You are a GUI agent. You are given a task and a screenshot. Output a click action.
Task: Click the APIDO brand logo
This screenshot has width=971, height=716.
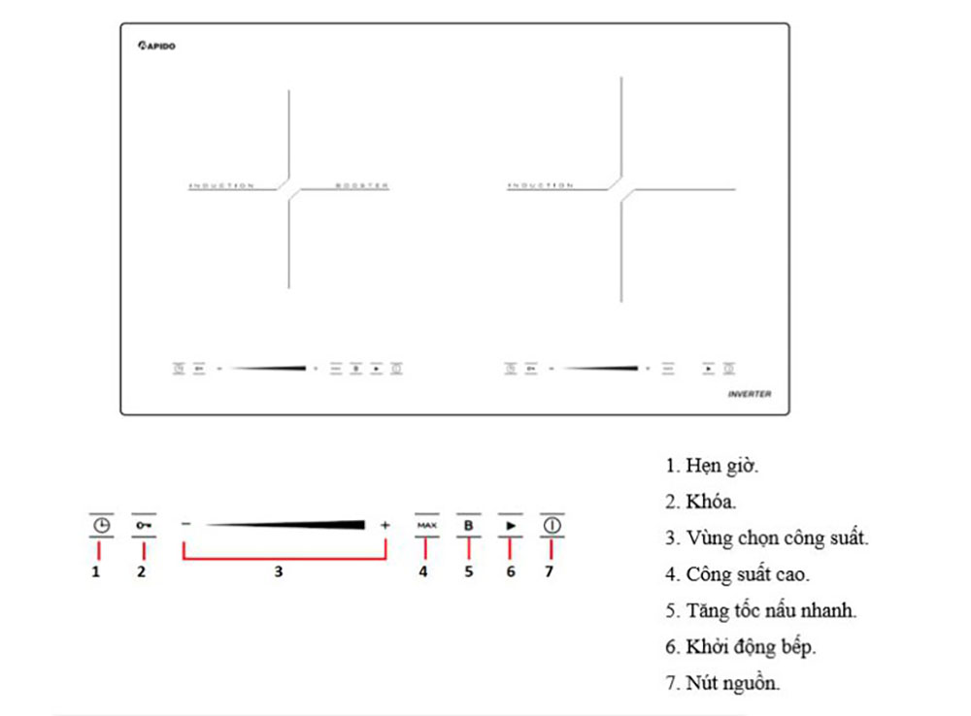point(156,45)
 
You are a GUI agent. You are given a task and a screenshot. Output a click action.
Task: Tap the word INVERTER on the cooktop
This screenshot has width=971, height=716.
point(750,395)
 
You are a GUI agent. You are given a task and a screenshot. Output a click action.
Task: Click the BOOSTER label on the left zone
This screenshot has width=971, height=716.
point(362,185)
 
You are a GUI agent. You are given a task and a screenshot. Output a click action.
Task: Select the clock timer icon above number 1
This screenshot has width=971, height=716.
point(101,526)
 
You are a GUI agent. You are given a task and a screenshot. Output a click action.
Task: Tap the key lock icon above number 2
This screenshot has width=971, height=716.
point(144,526)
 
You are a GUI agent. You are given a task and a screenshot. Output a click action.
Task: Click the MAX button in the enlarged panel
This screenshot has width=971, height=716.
point(427,525)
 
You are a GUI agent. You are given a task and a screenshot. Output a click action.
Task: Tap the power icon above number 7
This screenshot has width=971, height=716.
point(552,526)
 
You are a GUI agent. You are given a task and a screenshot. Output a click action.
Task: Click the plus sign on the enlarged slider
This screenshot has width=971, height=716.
point(385,525)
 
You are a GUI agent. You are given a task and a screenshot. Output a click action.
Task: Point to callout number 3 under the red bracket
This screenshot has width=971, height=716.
point(278,572)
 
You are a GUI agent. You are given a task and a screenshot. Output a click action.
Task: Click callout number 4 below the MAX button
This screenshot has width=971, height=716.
point(423,572)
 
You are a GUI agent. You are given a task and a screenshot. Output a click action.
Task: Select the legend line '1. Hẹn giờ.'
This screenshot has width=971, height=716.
point(712,466)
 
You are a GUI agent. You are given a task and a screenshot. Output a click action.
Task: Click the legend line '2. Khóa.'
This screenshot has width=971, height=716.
point(701,503)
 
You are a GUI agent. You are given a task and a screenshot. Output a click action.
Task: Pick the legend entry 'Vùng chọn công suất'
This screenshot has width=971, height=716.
point(767,538)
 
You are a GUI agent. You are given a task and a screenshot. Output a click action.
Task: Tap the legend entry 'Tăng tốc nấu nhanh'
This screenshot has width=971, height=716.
point(761,610)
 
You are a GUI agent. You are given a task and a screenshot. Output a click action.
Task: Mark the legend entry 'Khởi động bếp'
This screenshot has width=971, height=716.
point(740,647)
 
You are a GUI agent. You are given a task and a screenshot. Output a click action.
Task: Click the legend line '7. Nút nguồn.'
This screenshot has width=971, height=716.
point(722,683)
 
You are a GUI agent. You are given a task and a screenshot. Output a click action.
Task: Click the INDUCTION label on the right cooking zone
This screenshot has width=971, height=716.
point(540,185)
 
